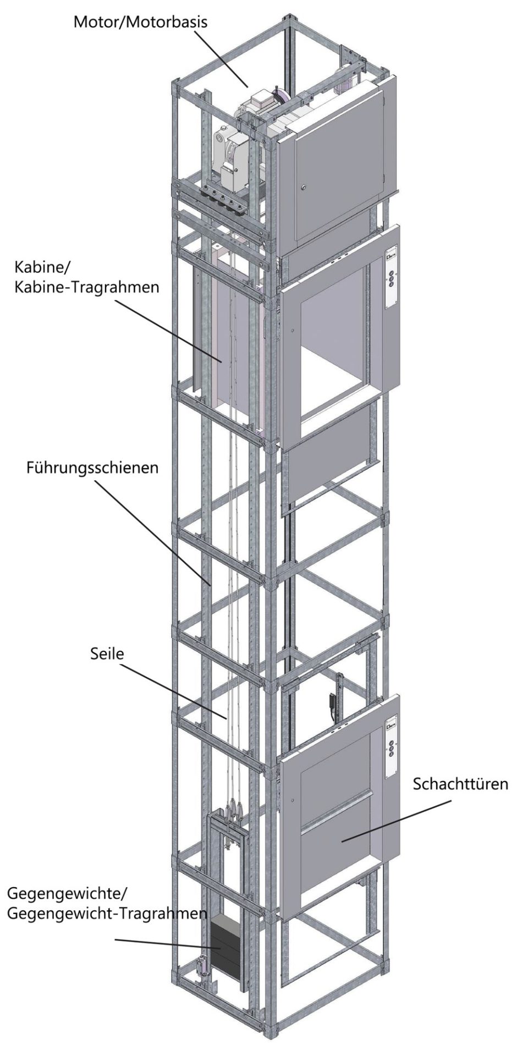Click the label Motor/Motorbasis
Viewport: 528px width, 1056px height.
pos(141,23)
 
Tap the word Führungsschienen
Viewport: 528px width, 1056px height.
pos(92,468)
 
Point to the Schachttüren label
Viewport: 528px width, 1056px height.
pos(460,783)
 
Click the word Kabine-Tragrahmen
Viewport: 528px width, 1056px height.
pos(86,287)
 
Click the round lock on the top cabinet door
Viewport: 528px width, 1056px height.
pos(302,189)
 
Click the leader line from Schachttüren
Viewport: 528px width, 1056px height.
pos(397,821)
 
